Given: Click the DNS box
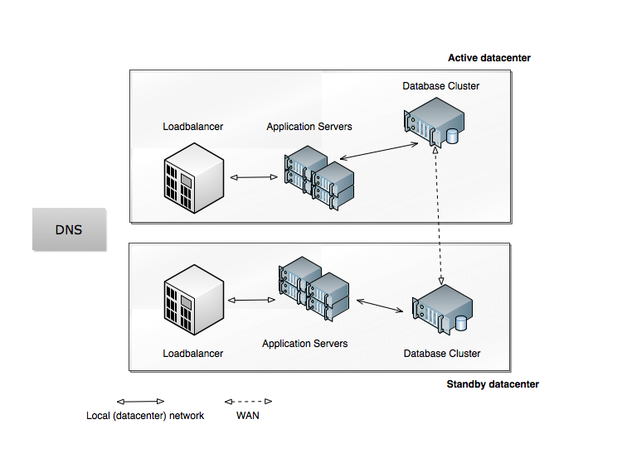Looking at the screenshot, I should pyautogui.click(x=69, y=229).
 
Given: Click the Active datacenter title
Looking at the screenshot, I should pyautogui.click(x=488, y=58).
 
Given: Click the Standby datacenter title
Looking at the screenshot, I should pyautogui.click(x=493, y=384).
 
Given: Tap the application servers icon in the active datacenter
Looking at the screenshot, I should pyautogui.click(x=319, y=176).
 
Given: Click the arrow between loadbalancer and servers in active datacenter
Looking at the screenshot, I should pyautogui.click(x=253, y=177).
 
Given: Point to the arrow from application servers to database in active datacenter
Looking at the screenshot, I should pyautogui.click(x=377, y=152).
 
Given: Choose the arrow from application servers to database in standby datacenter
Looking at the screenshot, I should pyautogui.click(x=377, y=305).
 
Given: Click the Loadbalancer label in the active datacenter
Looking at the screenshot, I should pyautogui.click(x=192, y=127).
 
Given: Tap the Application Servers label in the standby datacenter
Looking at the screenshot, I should pyautogui.click(x=304, y=343).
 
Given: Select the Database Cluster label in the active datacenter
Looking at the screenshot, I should pyautogui.click(x=440, y=86).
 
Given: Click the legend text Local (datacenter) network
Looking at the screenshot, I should pyautogui.click(x=145, y=415).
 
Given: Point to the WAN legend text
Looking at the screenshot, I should pyautogui.click(x=247, y=415).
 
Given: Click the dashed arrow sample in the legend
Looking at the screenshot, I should pyautogui.click(x=248, y=401).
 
